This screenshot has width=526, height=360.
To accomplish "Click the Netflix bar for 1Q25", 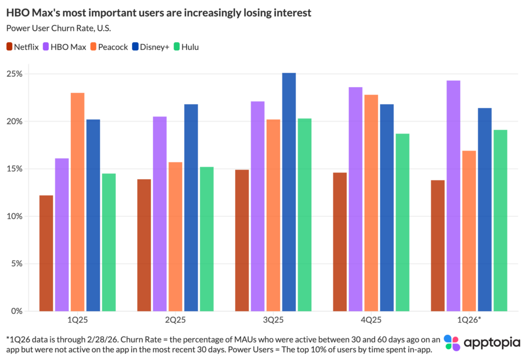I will pyautogui.click(x=46, y=253).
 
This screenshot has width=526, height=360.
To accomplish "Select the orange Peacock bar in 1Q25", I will pyautogui.click(x=78, y=202).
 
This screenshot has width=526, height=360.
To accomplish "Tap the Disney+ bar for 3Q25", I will pyautogui.click(x=289, y=192).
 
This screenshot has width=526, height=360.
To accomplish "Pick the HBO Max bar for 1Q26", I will pyautogui.click(x=454, y=196).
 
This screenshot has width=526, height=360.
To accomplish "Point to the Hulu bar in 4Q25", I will pyautogui.click(x=402, y=222).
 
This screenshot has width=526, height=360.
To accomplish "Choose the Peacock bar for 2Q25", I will pyautogui.click(x=176, y=237).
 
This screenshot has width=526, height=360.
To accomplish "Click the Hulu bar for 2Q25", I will pyautogui.click(x=207, y=239).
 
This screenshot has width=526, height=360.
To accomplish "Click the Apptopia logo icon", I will pyautogui.click(x=452, y=343).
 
